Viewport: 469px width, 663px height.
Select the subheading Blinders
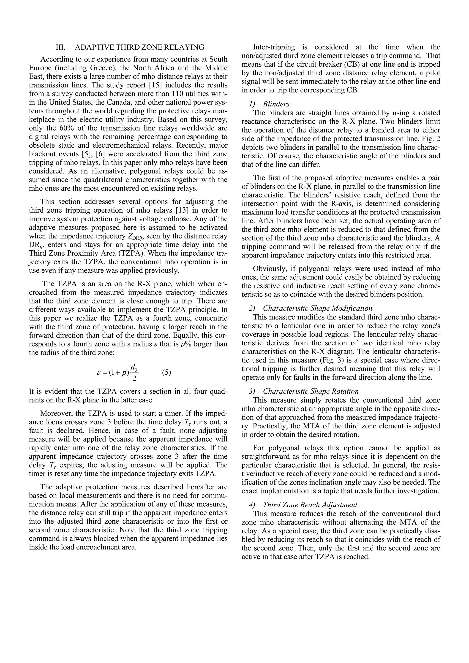coord(276,104)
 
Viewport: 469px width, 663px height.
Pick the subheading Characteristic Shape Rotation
coord(311,391)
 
